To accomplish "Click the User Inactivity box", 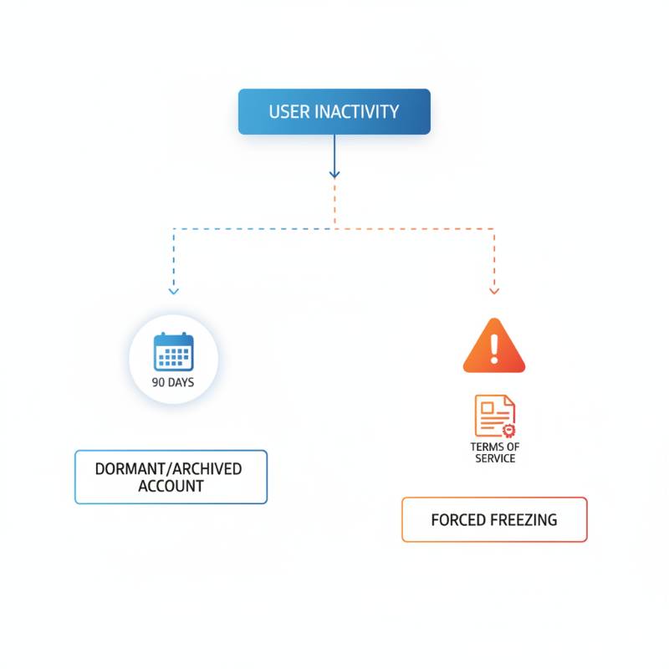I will click(x=334, y=112).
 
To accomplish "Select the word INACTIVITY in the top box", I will click(x=356, y=112).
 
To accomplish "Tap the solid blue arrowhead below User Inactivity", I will click(x=334, y=173).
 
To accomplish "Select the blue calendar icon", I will click(x=173, y=351).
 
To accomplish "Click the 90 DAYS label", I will click(x=173, y=383).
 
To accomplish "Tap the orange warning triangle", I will click(x=494, y=346).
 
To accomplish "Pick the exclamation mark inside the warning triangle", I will click(x=494, y=348).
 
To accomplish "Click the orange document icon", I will click(x=494, y=416).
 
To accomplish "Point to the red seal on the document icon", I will click(x=508, y=431).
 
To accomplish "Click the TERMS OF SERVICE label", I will click(x=495, y=452).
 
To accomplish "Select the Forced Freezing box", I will click(x=494, y=519).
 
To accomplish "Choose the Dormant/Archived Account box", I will click(x=171, y=477).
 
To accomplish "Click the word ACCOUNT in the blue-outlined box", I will click(x=171, y=486).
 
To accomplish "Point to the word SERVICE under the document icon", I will click(x=495, y=458).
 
